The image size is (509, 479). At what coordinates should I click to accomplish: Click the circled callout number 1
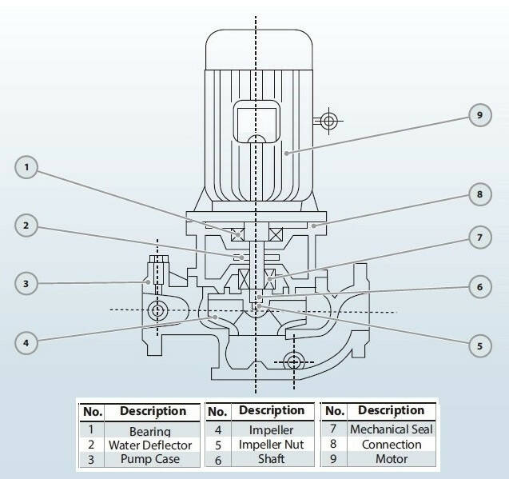[x=26, y=168]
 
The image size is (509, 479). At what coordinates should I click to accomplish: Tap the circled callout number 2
[x=26, y=226]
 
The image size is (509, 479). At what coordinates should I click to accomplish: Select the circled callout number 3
[x=26, y=283]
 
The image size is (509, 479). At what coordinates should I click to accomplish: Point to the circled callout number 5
[x=479, y=346]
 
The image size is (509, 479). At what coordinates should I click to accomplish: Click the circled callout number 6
[x=479, y=287]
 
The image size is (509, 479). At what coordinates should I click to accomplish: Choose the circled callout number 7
[x=479, y=237]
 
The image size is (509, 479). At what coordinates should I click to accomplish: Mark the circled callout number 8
[x=479, y=194]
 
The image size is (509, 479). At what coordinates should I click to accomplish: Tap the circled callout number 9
[x=479, y=116]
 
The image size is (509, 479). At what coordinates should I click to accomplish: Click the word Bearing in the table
[x=150, y=432]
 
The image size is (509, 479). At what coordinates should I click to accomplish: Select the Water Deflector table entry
[x=150, y=445]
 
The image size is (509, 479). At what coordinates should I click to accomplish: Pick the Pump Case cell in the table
[x=150, y=459]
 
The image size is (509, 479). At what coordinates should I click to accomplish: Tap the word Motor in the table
[x=392, y=459]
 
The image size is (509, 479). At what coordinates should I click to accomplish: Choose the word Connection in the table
[x=392, y=445]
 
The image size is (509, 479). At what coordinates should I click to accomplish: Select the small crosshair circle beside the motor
[x=326, y=122]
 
